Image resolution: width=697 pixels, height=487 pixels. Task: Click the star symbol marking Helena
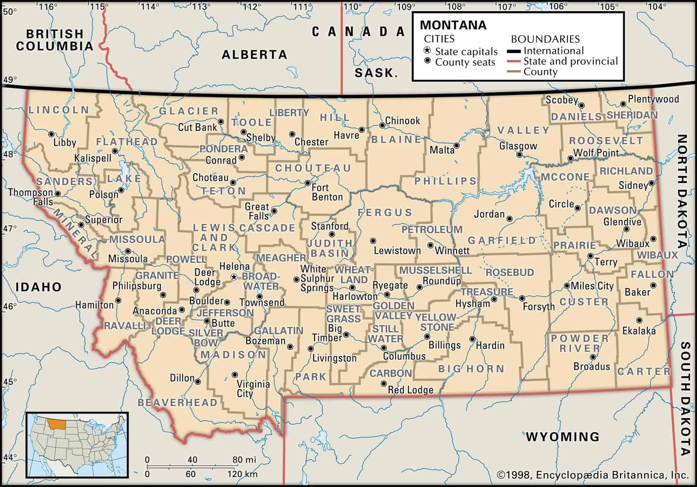(x=234, y=277)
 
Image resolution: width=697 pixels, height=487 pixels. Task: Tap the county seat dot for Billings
(x=427, y=336)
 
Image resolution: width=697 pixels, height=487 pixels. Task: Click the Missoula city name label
(x=128, y=259)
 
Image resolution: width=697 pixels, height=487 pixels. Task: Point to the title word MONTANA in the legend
(x=453, y=25)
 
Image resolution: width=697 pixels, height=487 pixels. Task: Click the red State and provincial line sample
(x=514, y=61)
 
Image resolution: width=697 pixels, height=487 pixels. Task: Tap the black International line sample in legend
(x=514, y=51)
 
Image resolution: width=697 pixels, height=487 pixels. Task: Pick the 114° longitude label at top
(x=149, y=7)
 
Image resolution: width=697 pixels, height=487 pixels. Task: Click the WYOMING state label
(x=562, y=436)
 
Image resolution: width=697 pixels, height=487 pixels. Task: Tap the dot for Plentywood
(x=623, y=104)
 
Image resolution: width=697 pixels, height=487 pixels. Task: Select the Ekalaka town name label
(x=639, y=331)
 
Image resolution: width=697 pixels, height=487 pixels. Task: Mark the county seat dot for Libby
(x=51, y=134)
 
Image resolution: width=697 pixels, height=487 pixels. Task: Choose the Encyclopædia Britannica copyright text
(x=592, y=474)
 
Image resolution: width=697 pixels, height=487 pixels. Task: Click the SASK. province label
(x=376, y=73)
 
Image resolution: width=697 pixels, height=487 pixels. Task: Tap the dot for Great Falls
(x=274, y=211)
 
